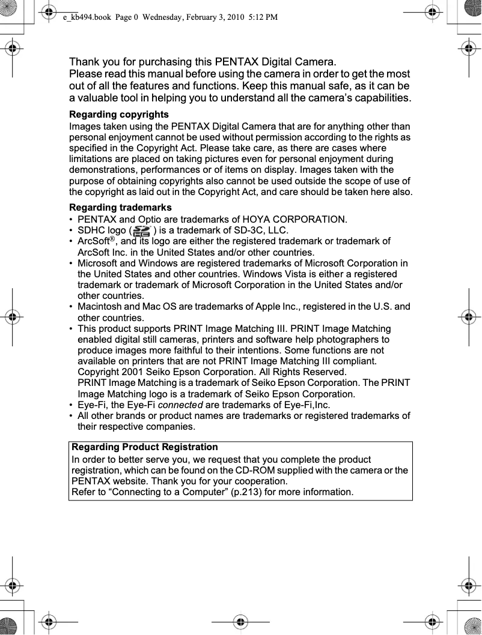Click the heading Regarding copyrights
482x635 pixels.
click(x=119, y=114)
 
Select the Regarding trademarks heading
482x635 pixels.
click(x=120, y=207)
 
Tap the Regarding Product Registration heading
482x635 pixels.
click(x=145, y=447)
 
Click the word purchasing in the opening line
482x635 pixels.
click(x=154, y=62)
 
